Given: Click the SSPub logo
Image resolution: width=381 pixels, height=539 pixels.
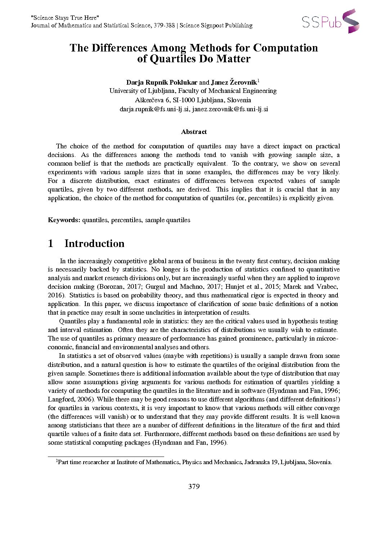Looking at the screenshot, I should (x=330, y=22).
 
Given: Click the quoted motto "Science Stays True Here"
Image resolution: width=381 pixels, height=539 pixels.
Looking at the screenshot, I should (x=65, y=18).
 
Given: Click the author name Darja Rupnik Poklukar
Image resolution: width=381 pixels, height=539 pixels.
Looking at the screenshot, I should (x=162, y=82).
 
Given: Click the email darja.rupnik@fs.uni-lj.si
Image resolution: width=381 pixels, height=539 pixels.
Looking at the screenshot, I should (x=154, y=109).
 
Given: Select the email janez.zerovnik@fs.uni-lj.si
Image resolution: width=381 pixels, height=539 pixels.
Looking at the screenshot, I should (x=230, y=109).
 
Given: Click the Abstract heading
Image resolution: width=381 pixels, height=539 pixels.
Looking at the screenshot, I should (x=194, y=132).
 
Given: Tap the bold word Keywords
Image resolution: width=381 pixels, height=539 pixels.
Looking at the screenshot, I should (x=64, y=220).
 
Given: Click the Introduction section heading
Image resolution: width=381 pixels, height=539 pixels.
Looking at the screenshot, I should (x=94, y=244).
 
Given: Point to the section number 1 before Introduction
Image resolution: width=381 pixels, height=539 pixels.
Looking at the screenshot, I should (x=50, y=244).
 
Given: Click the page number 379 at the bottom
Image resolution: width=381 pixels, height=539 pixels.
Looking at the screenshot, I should (x=194, y=487).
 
